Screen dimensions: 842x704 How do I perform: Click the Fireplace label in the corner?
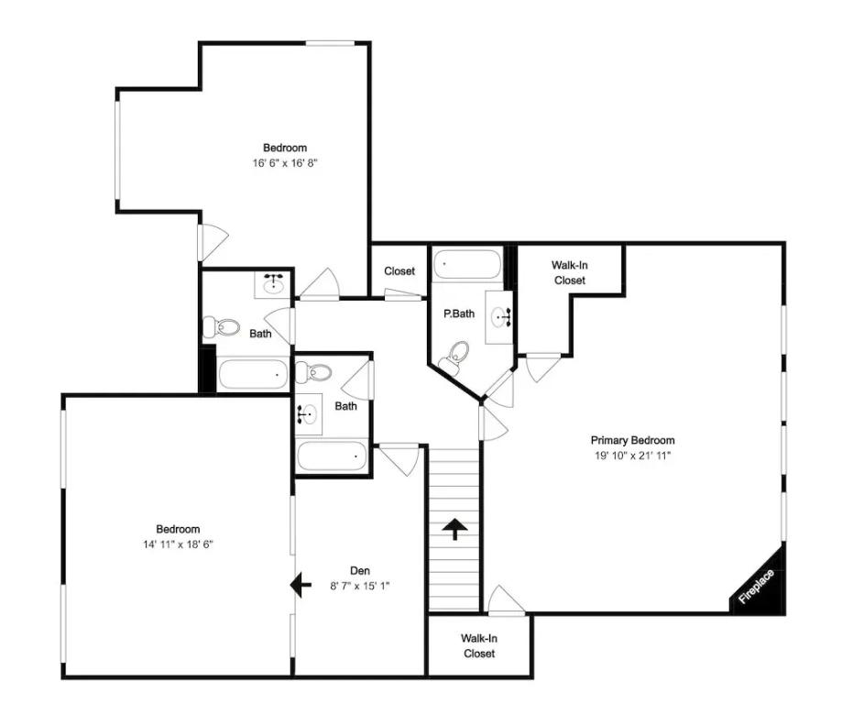pos(757,587)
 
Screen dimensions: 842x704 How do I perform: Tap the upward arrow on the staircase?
pos(454,529)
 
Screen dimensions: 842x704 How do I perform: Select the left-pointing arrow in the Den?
pos(301,585)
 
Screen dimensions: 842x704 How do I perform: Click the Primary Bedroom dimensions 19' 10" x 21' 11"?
pos(632,456)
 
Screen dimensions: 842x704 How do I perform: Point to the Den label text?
pos(360,571)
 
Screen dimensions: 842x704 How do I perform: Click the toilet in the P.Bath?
pos(454,357)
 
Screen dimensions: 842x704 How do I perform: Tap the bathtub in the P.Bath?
pos(466,264)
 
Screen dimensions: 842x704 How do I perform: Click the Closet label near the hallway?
pos(399,271)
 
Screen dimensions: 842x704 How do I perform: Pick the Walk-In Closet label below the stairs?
pos(479,646)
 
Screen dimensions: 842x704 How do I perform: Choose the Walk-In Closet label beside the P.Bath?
pos(570,272)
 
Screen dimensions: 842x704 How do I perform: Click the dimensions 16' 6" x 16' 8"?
pos(285,163)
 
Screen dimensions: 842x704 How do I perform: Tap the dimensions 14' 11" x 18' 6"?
pos(178,544)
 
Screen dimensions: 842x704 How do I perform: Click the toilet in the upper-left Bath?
pos(221,326)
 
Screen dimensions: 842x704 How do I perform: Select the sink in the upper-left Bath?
pos(273,284)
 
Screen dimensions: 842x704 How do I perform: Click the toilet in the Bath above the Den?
pos(313,372)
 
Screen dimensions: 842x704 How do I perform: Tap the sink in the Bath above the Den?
pos(308,413)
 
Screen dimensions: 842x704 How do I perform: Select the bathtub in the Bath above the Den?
pos(332,456)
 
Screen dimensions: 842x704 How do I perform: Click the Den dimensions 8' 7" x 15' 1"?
pos(360,586)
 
